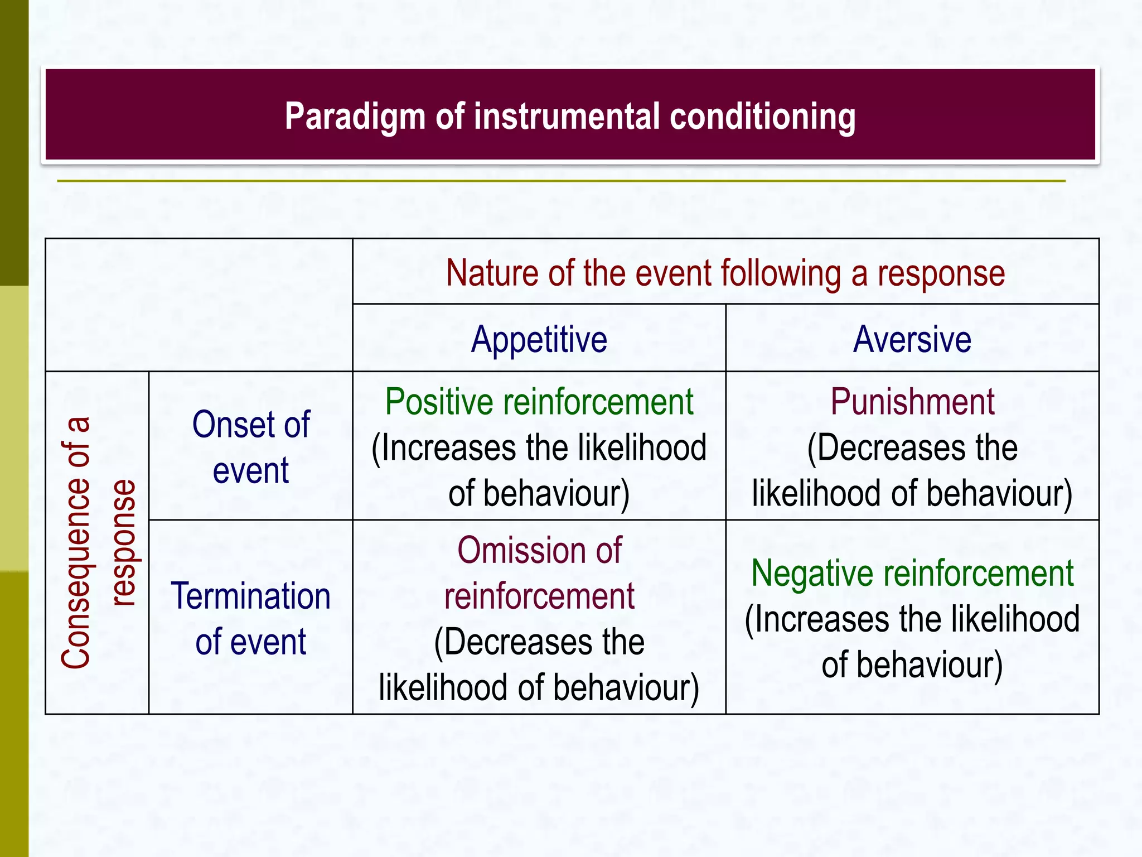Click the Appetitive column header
pos(539,339)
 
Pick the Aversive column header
pos(912,339)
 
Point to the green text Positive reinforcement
pos(539,402)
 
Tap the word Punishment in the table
pos(912,402)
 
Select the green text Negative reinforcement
pos(912,574)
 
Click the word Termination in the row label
pos(250,596)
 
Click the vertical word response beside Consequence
pos(123,542)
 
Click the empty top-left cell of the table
pos(199,305)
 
